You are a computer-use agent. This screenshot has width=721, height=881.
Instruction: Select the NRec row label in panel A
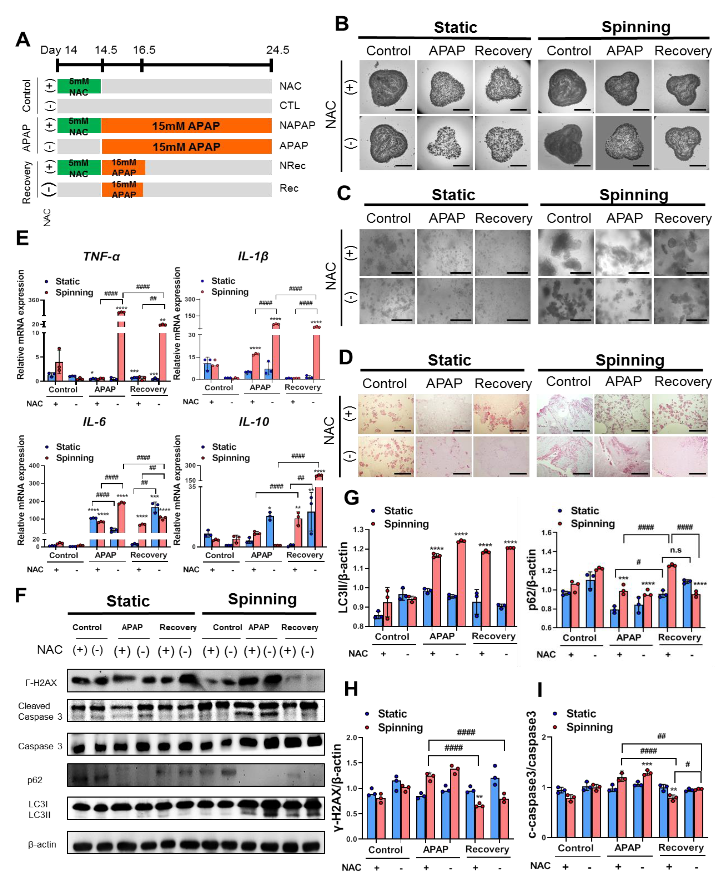coord(292,166)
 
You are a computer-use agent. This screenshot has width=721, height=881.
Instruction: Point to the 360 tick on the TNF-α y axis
coord(34,300)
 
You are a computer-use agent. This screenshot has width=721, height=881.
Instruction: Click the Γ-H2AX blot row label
coord(41,683)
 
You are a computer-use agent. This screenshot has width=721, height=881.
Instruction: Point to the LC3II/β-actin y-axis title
coord(343,578)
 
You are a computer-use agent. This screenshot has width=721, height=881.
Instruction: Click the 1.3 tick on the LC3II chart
coord(358,529)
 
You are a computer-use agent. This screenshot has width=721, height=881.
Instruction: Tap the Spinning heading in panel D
coord(630,360)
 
